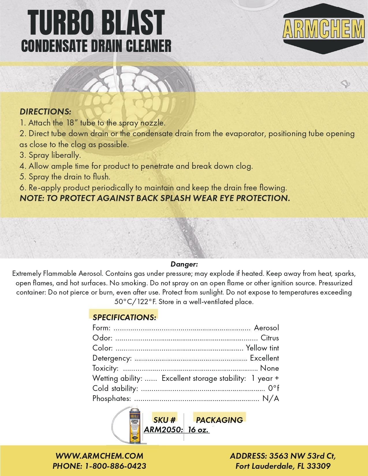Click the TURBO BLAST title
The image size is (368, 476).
tap(96, 23)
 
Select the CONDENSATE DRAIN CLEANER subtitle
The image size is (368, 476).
tap(96, 46)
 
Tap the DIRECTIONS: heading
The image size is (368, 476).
tap(45, 112)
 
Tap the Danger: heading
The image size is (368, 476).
tap(184, 264)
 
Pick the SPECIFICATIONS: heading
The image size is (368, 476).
tap(124, 317)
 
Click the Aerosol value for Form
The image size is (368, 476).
tap(266, 328)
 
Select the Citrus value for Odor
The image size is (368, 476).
tap(270, 338)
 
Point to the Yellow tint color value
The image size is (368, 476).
tap(262, 348)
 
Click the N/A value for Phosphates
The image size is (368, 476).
tap(270, 399)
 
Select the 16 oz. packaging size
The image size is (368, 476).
tap(198, 430)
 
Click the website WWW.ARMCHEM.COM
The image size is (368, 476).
tap(99, 456)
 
